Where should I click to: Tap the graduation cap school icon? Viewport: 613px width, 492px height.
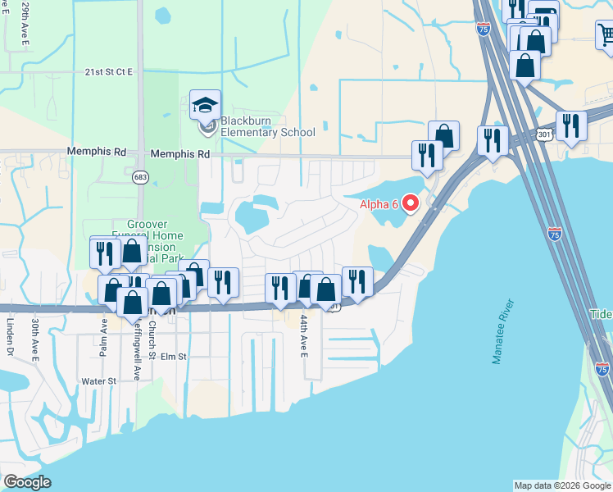click(x=205, y=105)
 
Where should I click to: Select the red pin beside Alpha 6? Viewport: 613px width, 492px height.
click(x=412, y=203)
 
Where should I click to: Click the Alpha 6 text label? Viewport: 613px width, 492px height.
click(x=379, y=204)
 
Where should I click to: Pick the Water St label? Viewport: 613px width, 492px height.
click(x=100, y=381)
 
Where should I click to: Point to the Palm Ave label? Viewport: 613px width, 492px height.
click(x=104, y=337)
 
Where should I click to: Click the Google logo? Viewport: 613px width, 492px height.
click(x=27, y=482)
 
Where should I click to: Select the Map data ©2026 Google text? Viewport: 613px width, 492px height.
click(x=562, y=485)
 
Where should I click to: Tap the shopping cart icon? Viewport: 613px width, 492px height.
click(x=605, y=34)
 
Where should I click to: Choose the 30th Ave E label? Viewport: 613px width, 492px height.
click(x=36, y=339)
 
